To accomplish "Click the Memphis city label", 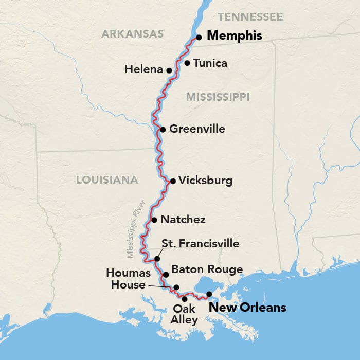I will pos(234,37).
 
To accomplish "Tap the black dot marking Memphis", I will pos(199,37).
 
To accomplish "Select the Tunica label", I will pos(210,63).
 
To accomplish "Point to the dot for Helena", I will pos(169,70).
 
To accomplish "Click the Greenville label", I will pos(197,129).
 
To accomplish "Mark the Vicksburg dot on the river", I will pos(173,181).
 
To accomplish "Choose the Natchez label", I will pos(183,220).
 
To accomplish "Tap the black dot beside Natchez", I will pos(154,220).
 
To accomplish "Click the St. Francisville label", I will pos(200,243).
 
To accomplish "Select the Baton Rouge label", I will pos(207,269).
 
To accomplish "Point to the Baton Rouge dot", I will pos(166,275).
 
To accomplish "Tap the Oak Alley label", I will pos(185,314).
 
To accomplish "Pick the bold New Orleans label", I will pos(246,308).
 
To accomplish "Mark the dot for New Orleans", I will pos(209,294).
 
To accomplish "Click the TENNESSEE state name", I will pos(250,17).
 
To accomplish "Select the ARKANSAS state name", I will pos(132,34).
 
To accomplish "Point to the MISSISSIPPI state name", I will pos(218,97).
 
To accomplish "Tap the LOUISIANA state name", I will pos(107,179).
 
